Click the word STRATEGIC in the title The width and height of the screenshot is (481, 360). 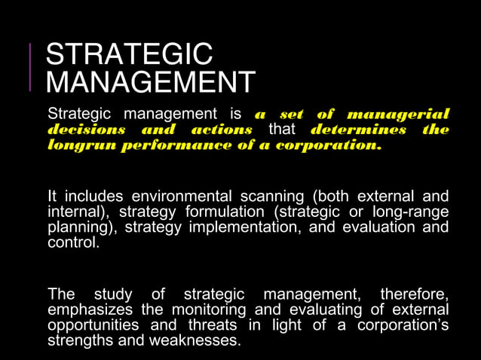pos(129,55)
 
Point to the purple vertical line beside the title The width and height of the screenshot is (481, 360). pos(30,68)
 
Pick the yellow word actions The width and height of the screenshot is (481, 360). pos(222,130)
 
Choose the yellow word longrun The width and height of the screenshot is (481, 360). pos(77,145)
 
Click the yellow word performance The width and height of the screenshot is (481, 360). pos(161,145)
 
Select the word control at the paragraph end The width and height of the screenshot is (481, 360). pos(72,243)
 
